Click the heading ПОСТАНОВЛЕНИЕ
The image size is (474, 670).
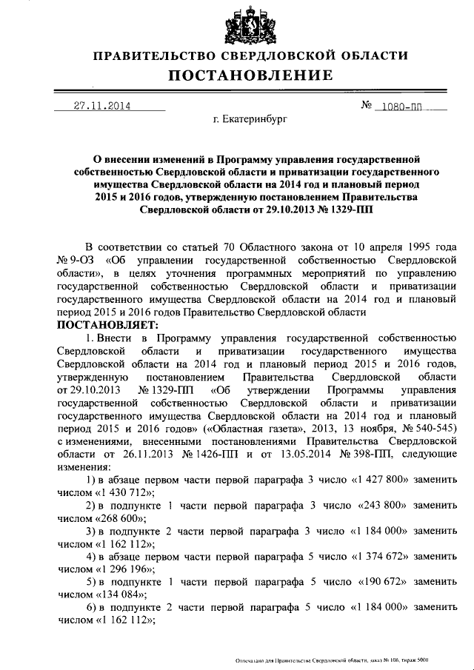[x=250, y=76]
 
